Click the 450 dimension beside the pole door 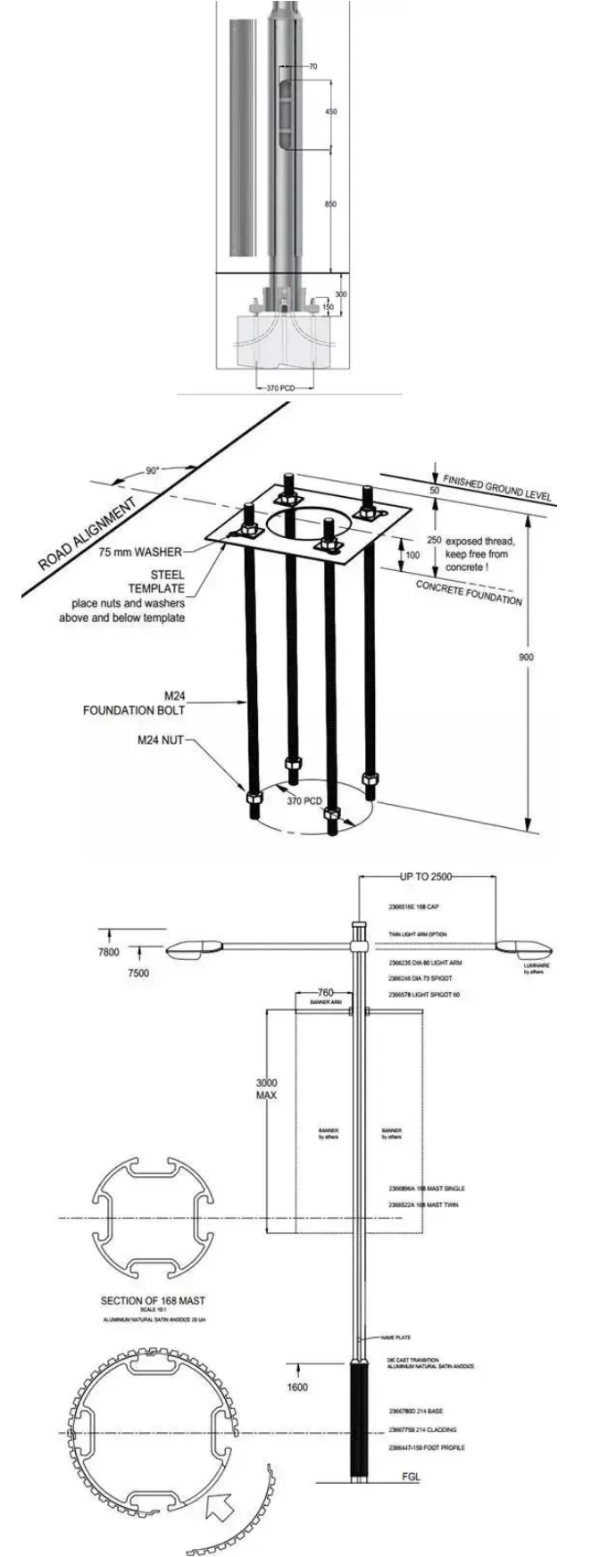[330, 112]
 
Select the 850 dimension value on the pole [330, 204]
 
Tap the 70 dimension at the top [312, 67]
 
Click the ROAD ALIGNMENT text [88, 533]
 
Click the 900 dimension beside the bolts [528, 657]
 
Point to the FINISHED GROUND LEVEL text [497, 488]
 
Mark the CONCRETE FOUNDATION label [469, 592]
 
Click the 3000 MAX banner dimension [267, 1089]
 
